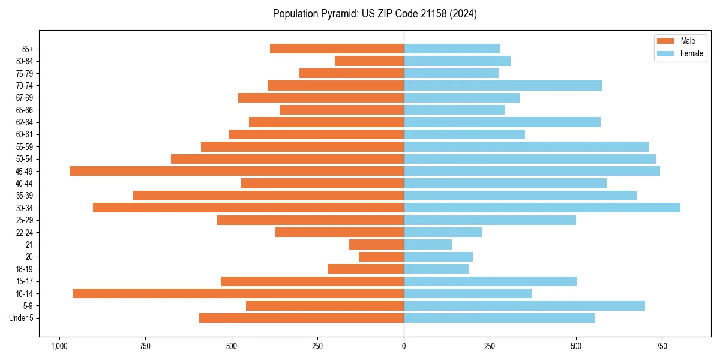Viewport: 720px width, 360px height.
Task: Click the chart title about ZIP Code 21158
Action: click(x=375, y=14)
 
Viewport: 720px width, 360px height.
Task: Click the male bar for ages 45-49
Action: click(x=236, y=171)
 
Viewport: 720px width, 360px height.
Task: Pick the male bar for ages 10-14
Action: click(x=238, y=293)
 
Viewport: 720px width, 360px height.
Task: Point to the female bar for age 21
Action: click(x=428, y=245)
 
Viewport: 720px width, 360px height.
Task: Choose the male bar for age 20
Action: click(x=381, y=257)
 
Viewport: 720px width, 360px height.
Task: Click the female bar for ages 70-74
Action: click(x=503, y=85)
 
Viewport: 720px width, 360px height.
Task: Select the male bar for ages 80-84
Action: click(x=369, y=61)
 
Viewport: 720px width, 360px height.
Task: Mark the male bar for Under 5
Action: click(x=301, y=318)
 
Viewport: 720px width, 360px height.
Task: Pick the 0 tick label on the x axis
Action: click(x=404, y=346)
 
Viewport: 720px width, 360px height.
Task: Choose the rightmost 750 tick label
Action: click(x=662, y=346)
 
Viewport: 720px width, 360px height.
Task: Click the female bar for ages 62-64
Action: click(x=502, y=122)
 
